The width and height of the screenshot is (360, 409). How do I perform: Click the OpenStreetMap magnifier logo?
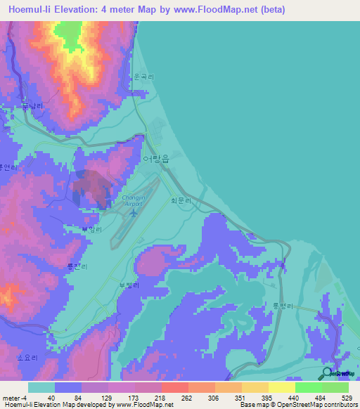click(x=328, y=372)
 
